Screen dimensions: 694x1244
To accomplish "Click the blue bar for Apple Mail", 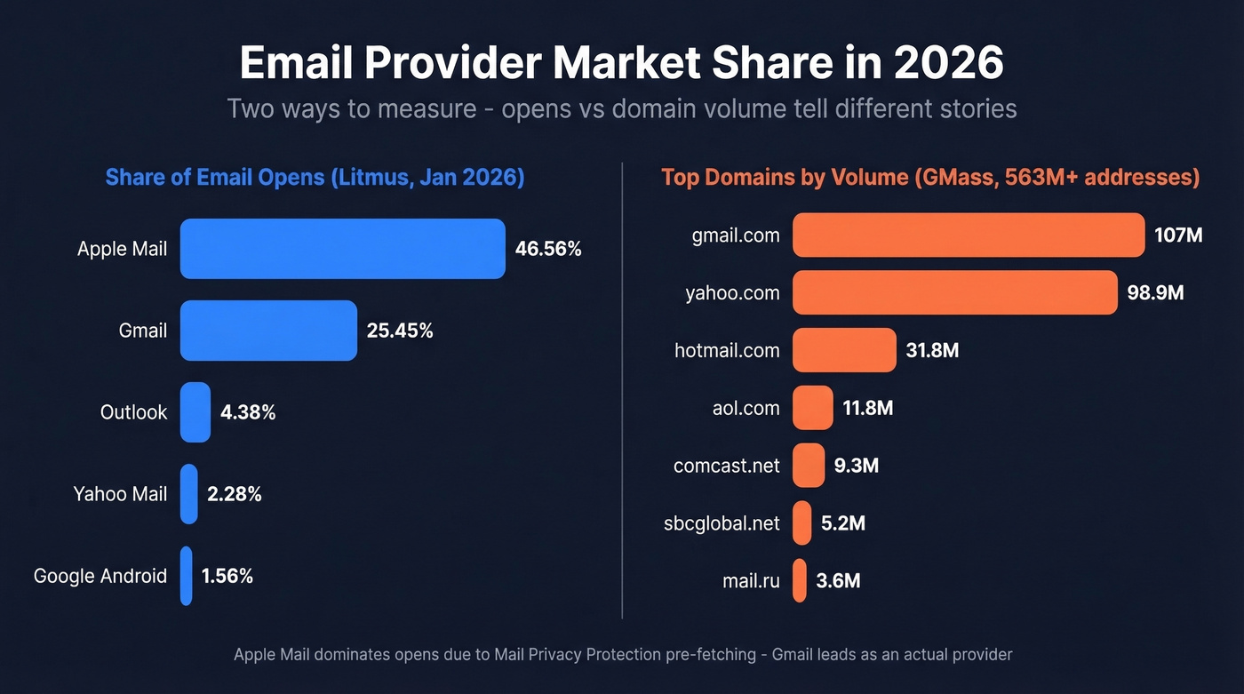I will tap(342, 249).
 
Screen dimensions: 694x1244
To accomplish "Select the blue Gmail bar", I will tap(268, 331).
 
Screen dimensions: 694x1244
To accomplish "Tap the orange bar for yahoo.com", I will tap(954, 292).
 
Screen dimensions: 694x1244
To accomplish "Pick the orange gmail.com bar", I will tap(968, 235).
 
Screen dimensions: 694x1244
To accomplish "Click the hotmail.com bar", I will tap(844, 350).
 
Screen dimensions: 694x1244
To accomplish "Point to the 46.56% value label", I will tap(548, 249).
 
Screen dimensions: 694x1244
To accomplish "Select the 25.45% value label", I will tap(400, 331).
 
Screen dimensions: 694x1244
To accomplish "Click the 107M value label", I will tap(1178, 235).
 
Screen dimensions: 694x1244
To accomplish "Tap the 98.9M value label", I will tap(1155, 292).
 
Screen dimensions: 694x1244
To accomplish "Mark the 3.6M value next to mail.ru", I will tap(838, 581).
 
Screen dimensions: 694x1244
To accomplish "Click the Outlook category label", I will tap(133, 412).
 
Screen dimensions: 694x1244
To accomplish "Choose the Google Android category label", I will tap(100, 576).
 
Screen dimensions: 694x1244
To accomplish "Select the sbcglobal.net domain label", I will tap(722, 523).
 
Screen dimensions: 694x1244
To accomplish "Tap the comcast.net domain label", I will tap(726, 466).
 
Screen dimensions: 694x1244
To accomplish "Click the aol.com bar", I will tap(812, 408).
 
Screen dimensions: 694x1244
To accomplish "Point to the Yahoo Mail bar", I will tap(188, 494).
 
